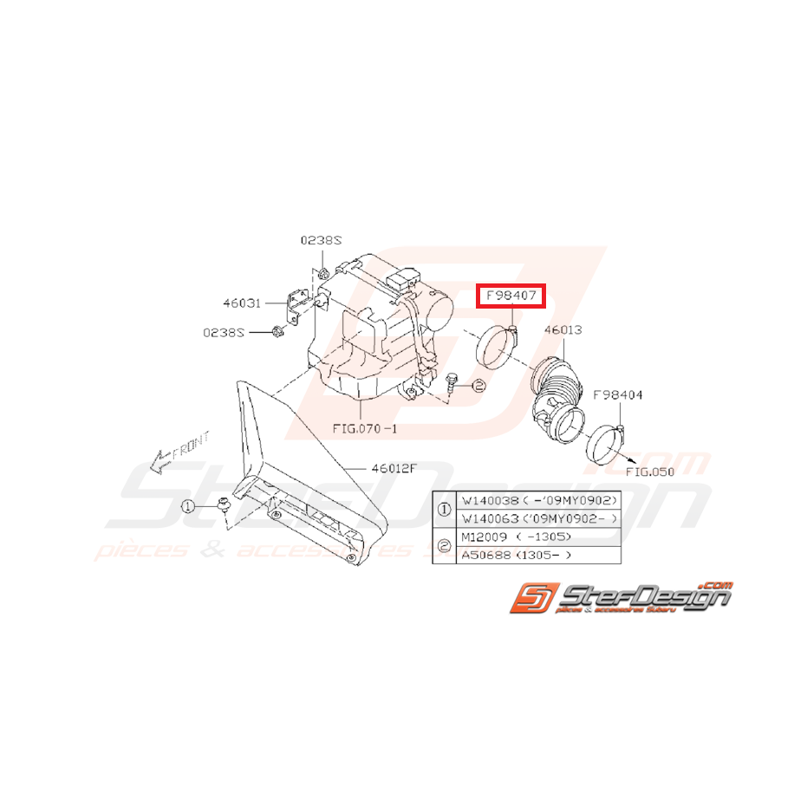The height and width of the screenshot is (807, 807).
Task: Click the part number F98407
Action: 511,296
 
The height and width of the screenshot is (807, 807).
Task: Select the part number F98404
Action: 617,395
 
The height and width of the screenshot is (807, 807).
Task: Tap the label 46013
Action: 563,330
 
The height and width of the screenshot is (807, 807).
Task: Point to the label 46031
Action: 240,303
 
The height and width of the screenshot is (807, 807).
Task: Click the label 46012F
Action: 394,468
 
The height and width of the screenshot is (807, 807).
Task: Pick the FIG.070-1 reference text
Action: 365,428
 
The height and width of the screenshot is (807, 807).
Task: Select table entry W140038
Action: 491,501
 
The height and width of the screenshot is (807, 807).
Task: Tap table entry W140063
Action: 491,518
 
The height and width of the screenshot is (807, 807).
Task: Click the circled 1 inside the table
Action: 445,510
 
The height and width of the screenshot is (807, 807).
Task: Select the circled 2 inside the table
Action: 445,545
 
